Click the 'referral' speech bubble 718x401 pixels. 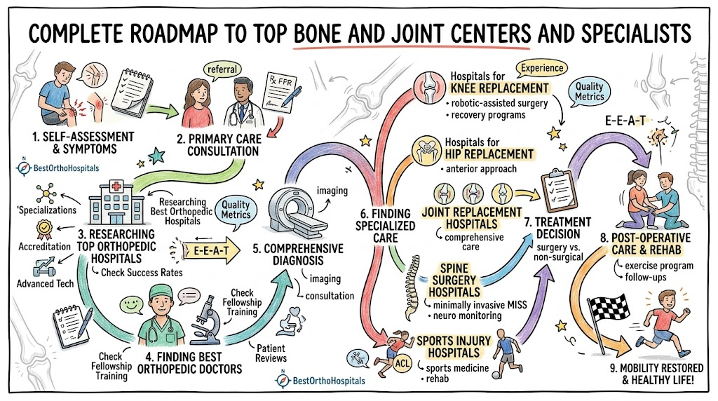(222, 69)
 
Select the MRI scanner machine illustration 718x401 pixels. (297, 213)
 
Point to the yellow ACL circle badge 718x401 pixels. (402, 364)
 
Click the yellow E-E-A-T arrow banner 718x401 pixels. (210, 251)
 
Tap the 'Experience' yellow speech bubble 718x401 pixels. (542, 68)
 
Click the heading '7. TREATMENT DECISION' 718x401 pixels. (557, 228)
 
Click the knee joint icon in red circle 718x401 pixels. (430, 88)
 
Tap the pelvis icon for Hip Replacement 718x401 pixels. (426, 151)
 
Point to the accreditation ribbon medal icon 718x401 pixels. (44, 230)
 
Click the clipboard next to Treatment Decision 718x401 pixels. (559, 191)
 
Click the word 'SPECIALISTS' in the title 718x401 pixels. (636, 34)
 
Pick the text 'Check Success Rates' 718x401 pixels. (142, 273)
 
